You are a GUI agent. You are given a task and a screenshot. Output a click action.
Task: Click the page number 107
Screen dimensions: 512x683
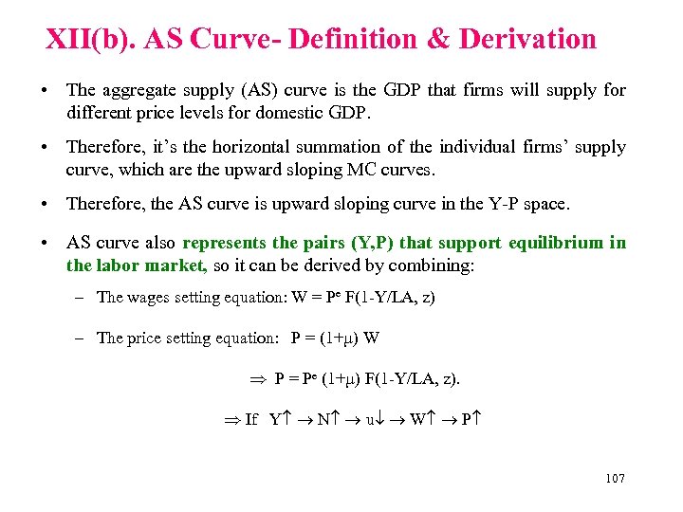[x=615, y=479]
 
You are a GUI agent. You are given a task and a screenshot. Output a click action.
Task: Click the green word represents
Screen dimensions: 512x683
[x=224, y=242]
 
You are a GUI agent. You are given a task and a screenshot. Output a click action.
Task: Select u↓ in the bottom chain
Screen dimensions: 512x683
[x=376, y=419]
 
